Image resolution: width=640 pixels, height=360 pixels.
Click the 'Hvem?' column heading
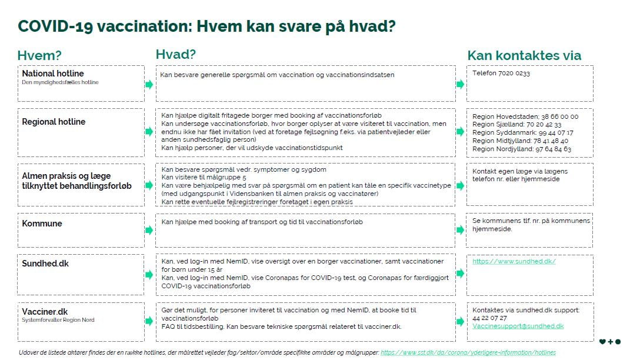click(39, 56)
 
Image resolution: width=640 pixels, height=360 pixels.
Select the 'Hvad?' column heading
click(175, 55)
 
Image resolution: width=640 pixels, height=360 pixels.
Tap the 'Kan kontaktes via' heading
click(524, 56)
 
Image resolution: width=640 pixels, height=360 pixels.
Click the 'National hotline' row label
click(53, 74)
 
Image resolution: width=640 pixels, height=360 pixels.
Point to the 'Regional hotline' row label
click(54, 122)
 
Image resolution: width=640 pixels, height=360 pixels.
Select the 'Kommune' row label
click(42, 224)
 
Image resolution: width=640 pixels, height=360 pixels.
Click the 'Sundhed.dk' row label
click(45, 264)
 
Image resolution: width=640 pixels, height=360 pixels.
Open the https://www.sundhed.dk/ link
click(514, 261)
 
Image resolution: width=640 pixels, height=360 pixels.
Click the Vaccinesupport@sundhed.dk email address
click(518, 326)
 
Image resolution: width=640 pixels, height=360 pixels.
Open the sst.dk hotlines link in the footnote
click(468, 352)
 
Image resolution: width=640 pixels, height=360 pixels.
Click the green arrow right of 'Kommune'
click(149, 230)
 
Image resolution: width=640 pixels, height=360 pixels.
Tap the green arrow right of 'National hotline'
click(149, 84)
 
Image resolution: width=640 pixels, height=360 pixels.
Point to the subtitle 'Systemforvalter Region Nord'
click(58, 321)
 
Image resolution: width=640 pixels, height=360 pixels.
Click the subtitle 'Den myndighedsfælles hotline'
click(60, 82)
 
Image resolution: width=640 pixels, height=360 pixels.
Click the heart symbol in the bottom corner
click(602, 342)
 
